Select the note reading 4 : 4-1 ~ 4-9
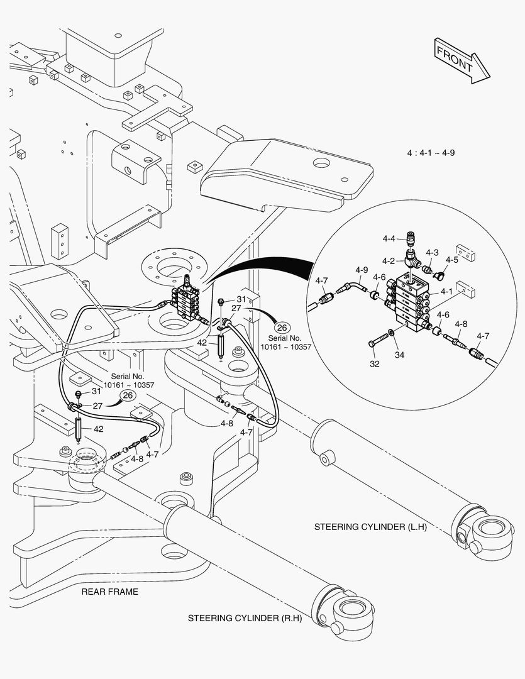(431, 153)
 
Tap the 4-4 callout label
(389, 239)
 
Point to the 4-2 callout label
(389, 260)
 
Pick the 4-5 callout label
(451, 259)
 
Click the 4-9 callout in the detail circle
(361, 270)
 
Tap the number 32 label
(375, 363)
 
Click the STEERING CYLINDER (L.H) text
(370, 527)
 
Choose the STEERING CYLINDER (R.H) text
(245, 618)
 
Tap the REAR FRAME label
(110, 592)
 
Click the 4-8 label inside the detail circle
(461, 324)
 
